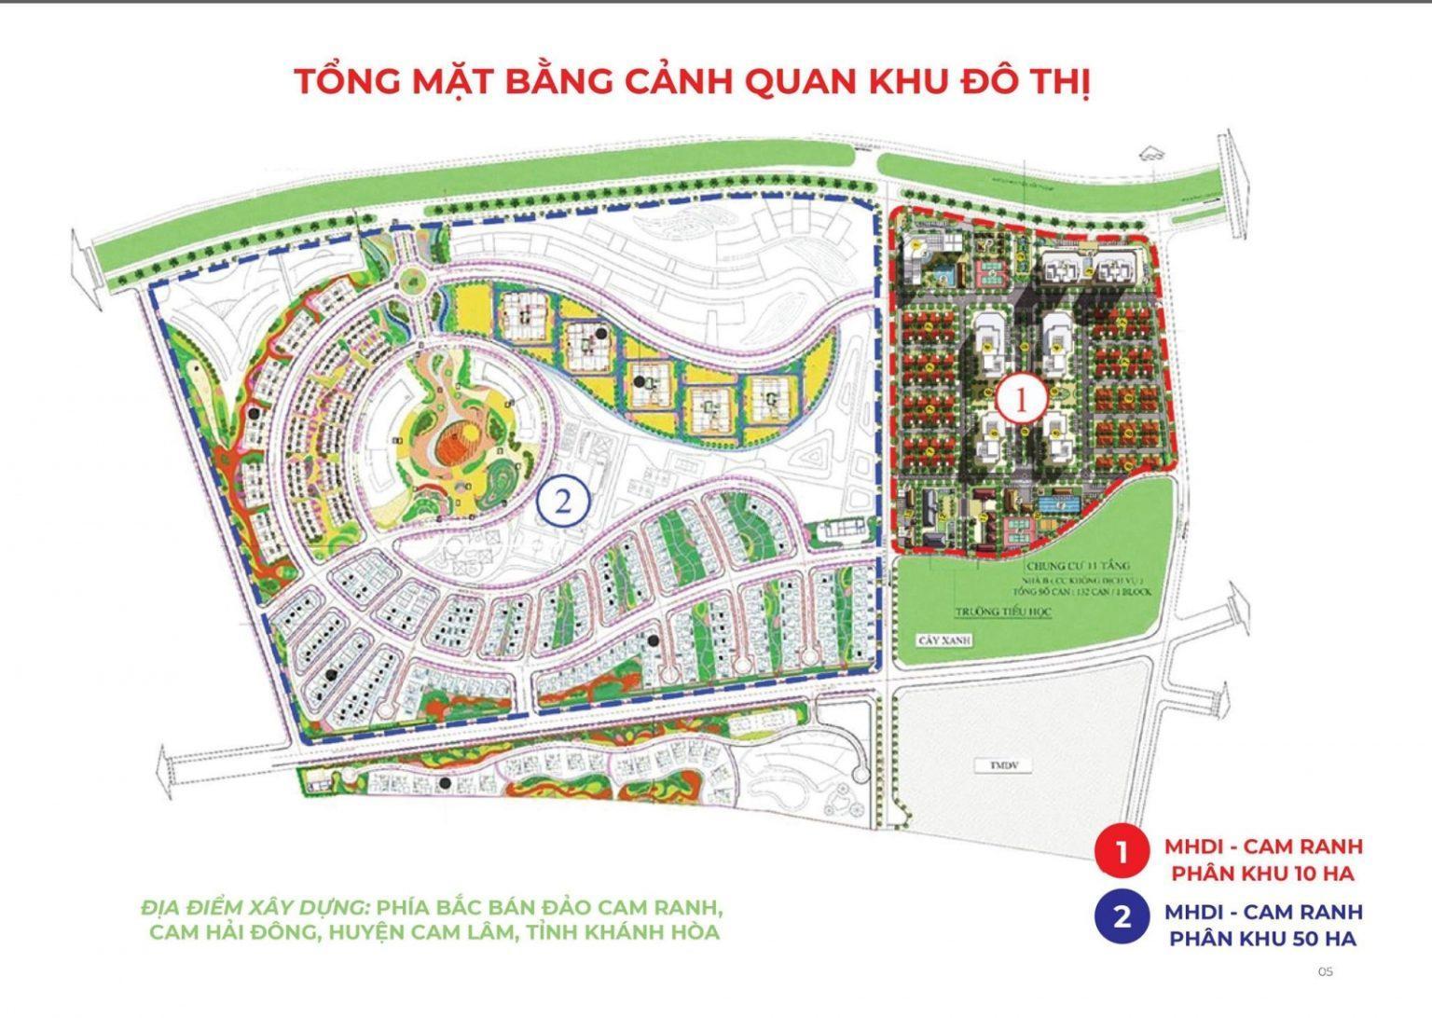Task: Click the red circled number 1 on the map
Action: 1020,401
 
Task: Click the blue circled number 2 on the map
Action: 563,502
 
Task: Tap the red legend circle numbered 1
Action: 1122,852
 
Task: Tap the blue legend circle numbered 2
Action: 1122,916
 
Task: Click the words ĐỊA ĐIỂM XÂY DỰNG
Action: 255,907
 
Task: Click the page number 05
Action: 1325,971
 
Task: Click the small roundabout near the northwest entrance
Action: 410,277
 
